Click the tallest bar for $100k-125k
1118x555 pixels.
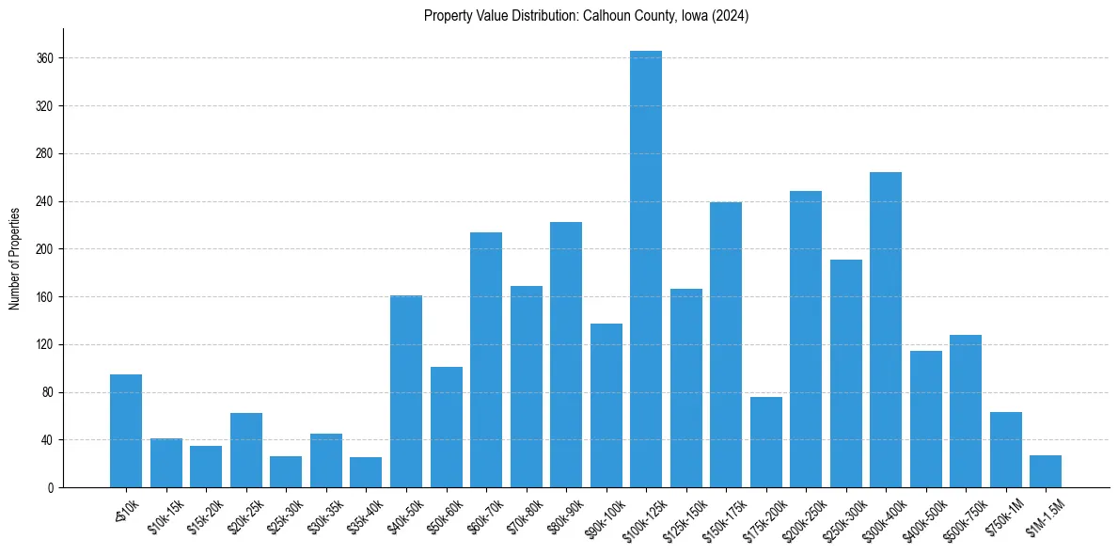pyautogui.click(x=646, y=269)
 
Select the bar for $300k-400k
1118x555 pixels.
pyautogui.click(x=886, y=330)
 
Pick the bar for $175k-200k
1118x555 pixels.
pyautogui.click(x=766, y=442)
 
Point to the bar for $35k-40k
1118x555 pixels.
pyautogui.click(x=366, y=472)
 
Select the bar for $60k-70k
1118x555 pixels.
pyautogui.click(x=486, y=360)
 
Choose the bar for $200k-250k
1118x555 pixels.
pyautogui.click(x=806, y=340)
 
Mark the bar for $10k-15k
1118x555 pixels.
pyautogui.click(x=166, y=463)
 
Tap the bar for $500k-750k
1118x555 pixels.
pyautogui.click(x=966, y=411)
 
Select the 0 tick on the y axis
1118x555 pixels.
pyautogui.click(x=51, y=488)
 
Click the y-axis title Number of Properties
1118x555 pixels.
pyautogui.click(x=14, y=258)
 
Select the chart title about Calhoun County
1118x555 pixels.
pyautogui.click(x=586, y=16)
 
